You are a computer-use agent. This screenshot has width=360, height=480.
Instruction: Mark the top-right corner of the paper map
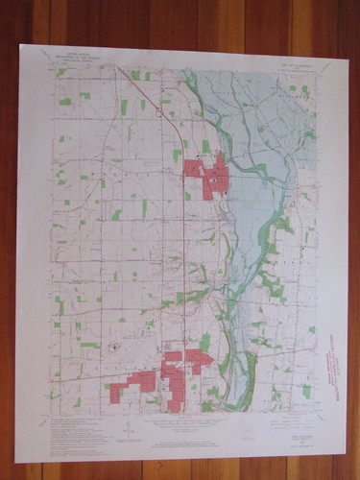point(348,59)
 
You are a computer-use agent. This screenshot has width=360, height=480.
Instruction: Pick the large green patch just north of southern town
point(204,342)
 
